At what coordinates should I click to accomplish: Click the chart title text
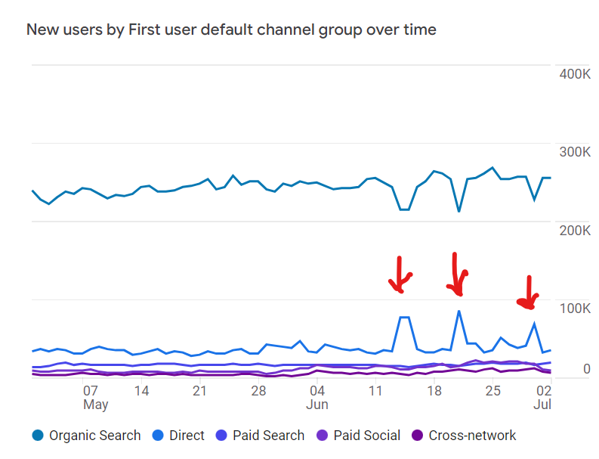tap(231, 30)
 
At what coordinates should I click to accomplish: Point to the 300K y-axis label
tap(573, 152)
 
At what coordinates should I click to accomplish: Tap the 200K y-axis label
tap(573, 230)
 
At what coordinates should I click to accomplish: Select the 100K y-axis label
tap(573, 308)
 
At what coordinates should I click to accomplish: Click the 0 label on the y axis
tap(585, 370)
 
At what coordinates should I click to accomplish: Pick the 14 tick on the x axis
tap(141, 391)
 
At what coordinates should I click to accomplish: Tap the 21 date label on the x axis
tap(199, 391)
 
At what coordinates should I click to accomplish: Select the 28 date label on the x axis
tap(258, 391)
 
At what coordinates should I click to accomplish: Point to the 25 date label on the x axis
tap(492, 391)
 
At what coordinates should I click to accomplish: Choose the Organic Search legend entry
tap(86, 436)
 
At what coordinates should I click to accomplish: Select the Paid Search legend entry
tap(260, 436)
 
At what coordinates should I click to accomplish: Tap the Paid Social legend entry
tap(359, 436)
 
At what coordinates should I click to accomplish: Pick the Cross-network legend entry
tap(464, 436)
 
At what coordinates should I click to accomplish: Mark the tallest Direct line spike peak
tap(459, 311)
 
